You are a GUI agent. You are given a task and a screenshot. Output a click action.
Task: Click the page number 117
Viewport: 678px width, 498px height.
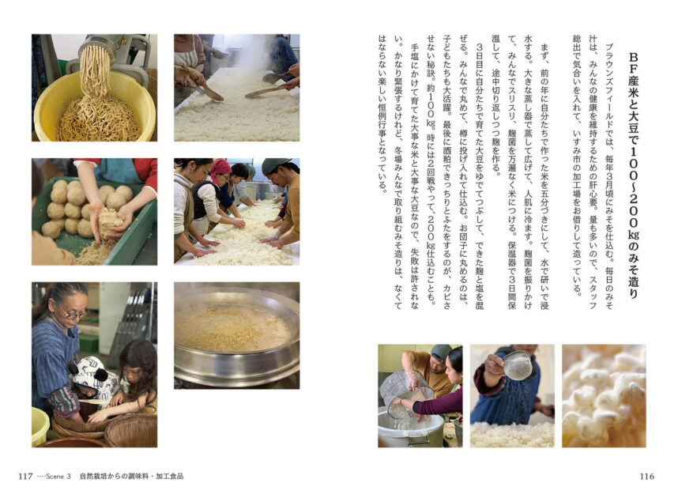coord(25,476)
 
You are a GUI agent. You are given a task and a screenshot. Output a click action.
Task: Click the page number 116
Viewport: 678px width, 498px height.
coord(647,476)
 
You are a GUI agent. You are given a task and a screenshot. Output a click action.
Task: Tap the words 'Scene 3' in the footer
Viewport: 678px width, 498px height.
coord(58,477)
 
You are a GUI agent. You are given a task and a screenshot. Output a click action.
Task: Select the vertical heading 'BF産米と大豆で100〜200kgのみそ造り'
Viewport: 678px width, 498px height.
coord(633,175)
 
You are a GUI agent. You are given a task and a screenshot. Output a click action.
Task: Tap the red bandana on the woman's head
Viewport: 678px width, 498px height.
coord(220,168)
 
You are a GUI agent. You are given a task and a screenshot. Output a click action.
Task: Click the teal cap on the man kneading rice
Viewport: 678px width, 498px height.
coord(274,165)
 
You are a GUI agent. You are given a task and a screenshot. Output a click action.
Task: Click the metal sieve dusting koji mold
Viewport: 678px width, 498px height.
coord(518,365)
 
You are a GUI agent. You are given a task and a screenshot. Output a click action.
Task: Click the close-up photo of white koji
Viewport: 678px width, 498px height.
coord(604,395)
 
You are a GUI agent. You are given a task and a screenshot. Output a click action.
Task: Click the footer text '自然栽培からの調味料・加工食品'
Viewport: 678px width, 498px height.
coord(131,477)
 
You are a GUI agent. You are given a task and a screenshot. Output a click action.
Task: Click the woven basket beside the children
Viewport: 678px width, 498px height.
coord(130,430)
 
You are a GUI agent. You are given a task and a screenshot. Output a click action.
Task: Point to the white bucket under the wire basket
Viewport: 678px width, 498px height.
coord(411,428)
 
